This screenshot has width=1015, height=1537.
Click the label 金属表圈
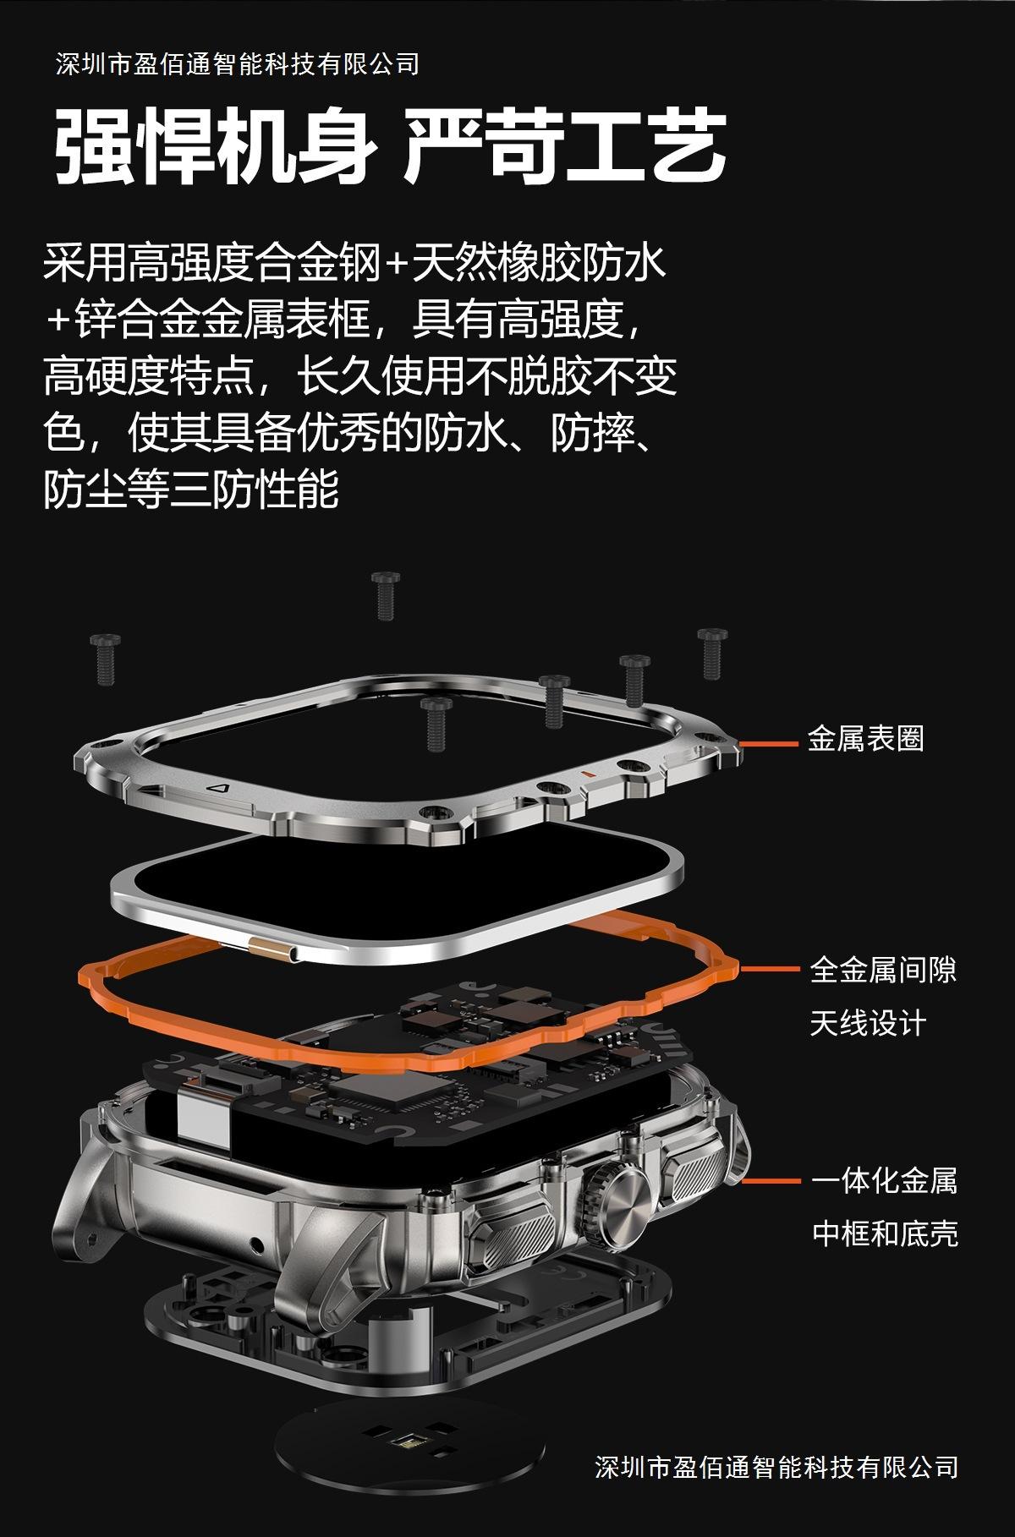coord(865,739)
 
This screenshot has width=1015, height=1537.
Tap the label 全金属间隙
coord(883,969)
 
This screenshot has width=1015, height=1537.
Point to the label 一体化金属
coord(884,1180)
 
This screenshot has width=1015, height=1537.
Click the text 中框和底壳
coord(885,1233)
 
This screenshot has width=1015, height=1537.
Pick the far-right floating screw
coord(712,652)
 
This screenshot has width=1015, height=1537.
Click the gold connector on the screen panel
coord(271,949)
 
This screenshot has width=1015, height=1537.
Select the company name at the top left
coord(238,64)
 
